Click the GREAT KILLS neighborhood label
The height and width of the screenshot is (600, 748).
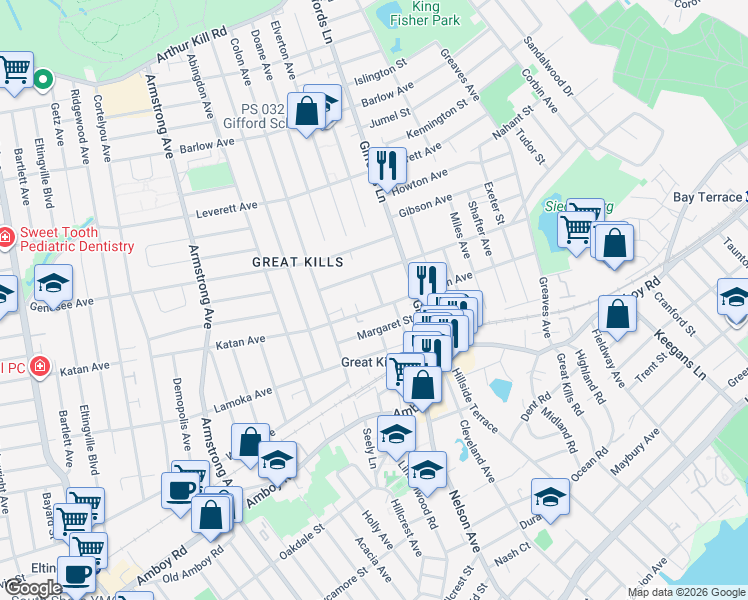pos(297,262)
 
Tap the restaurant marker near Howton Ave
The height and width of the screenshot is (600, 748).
pos(386,166)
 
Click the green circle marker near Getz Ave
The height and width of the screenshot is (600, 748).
pos(43,79)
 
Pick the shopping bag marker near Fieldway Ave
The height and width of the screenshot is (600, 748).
pos(619,313)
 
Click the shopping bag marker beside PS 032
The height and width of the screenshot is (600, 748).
pos(307,109)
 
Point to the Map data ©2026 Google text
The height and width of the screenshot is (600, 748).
pos(686,592)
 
